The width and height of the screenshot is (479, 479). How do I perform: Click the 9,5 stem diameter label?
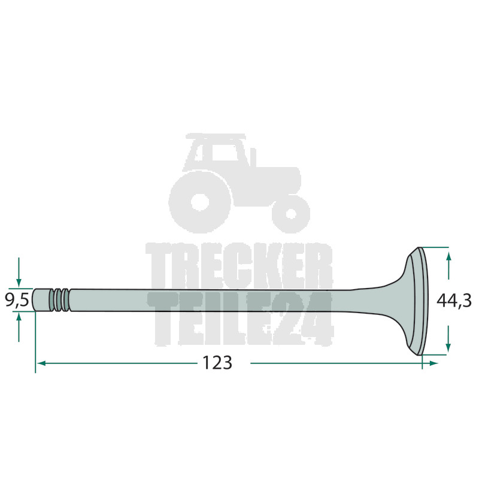click(17, 300)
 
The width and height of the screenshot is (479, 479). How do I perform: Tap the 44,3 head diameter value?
click(454, 301)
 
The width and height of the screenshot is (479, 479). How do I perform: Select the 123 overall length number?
click(217, 363)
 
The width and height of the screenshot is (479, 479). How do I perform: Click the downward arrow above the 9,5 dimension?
click(19, 272)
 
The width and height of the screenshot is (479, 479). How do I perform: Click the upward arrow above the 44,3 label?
click(448, 265)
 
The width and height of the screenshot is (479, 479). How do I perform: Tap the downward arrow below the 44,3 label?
click(448, 338)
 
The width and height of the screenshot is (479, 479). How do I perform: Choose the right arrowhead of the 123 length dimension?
click(433, 363)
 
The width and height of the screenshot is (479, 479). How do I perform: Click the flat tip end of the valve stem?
click(33, 300)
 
